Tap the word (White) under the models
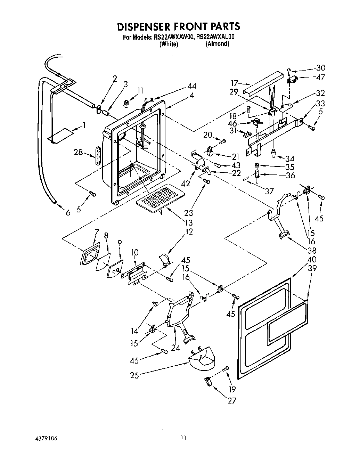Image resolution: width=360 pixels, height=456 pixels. point(169,44)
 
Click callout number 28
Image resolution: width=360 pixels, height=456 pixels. point(78,152)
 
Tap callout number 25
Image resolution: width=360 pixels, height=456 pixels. point(135,375)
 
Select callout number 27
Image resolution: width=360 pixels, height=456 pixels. point(231,401)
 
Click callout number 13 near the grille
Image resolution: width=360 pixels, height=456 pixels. point(189,222)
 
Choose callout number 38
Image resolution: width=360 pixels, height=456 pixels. point(312,250)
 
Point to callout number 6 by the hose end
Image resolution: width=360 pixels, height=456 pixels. point(68,212)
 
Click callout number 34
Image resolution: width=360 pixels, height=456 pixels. point(290,159)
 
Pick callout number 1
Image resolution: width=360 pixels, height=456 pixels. point(83,125)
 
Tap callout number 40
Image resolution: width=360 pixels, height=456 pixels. point(312,259)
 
